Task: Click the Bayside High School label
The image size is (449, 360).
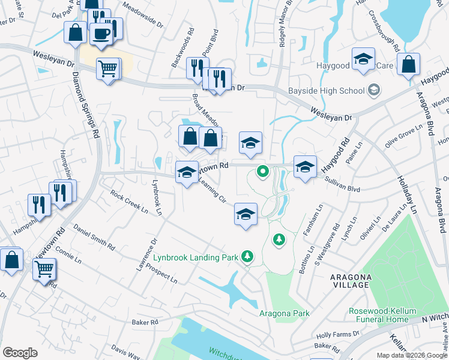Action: coord(327,91)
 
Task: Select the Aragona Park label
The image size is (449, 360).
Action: coord(285,313)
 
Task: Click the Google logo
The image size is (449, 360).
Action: coord(20,353)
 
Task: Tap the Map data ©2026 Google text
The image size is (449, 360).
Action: coord(411,355)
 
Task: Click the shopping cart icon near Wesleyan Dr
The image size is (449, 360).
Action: coord(107,69)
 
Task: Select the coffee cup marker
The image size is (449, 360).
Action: coord(101,33)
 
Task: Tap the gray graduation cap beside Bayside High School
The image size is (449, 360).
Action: coord(374,91)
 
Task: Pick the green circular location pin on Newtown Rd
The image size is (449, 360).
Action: coord(262,172)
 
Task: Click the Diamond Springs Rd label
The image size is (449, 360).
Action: coord(86,106)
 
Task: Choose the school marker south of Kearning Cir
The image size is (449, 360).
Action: coord(245,214)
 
